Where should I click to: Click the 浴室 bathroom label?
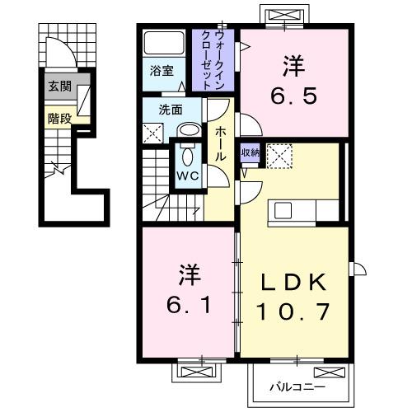click(x=162, y=71)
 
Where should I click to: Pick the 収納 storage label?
click(x=250, y=152)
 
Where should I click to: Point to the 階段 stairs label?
click(x=59, y=118)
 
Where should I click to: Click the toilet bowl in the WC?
click(x=187, y=155)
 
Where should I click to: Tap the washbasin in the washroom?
click(x=188, y=130)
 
